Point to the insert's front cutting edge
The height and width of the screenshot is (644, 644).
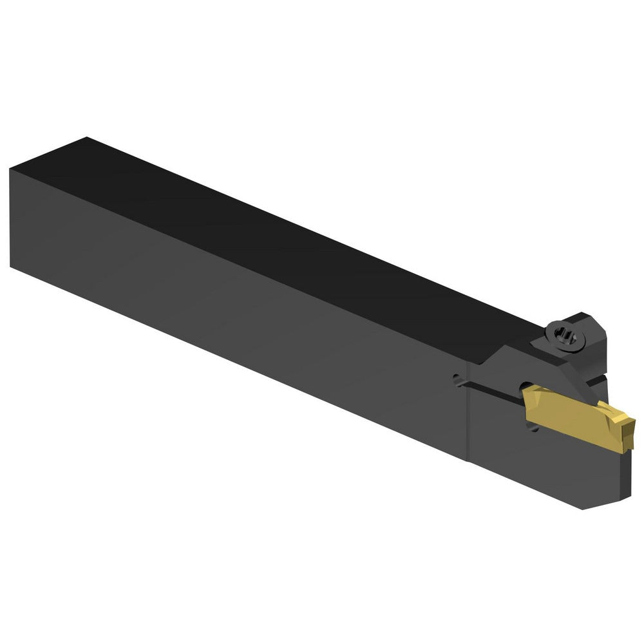630,428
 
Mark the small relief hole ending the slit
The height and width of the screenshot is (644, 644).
457,380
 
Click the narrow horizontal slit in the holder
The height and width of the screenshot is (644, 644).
489,386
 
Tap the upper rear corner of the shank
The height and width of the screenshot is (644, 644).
11,169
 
